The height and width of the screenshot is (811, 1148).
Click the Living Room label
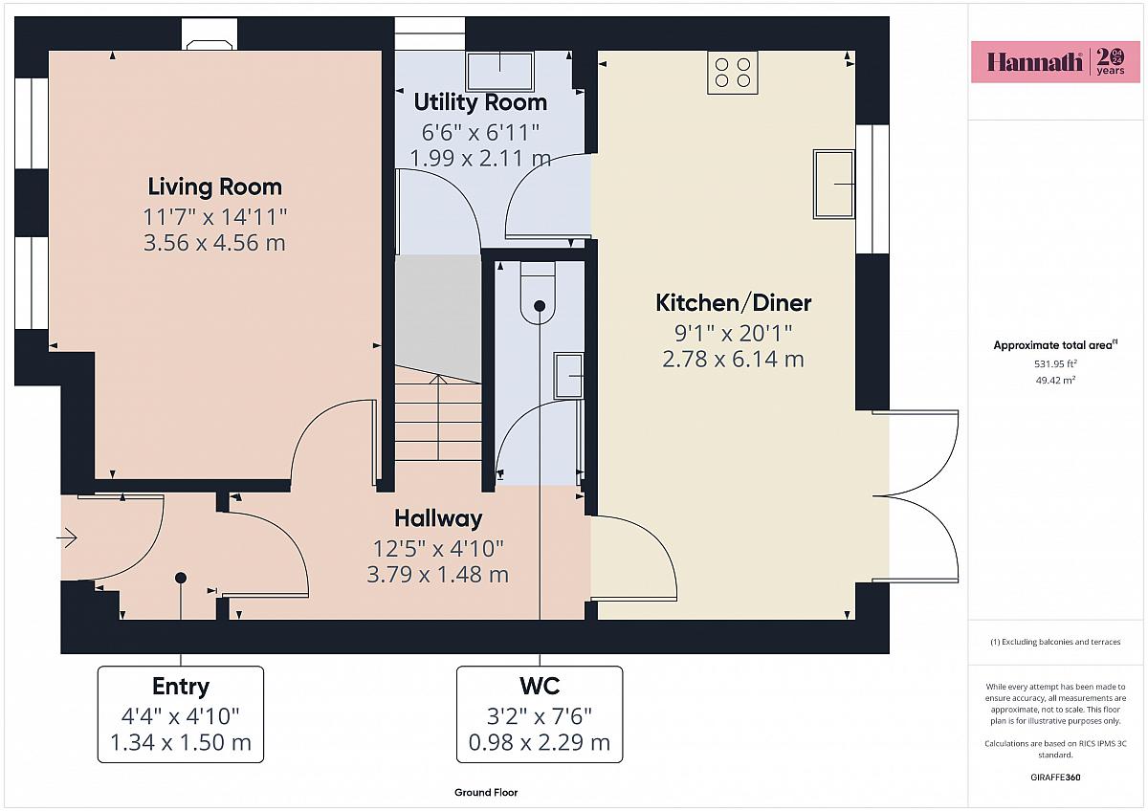(214, 186)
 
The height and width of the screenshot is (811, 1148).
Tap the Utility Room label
(480, 102)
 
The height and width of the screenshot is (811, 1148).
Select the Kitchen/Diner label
(734, 303)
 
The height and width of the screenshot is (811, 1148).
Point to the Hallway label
(438, 519)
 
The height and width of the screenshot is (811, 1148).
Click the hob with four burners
(733, 73)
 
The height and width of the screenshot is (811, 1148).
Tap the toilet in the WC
(538, 292)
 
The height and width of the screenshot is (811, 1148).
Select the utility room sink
(499, 71)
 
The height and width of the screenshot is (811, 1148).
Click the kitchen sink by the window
(834, 184)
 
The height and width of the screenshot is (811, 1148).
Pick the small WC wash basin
(568, 376)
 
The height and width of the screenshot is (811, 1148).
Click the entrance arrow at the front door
(67, 537)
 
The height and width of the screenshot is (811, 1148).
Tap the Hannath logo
(1056, 62)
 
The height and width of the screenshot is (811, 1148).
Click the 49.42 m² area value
(1055, 380)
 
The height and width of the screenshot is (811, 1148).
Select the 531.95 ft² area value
(1055, 363)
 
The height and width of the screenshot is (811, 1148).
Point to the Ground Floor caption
(486, 793)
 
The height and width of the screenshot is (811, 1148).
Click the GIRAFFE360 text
(1055, 778)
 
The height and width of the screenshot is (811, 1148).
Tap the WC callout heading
(540, 686)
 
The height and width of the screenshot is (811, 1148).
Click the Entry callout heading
(181, 687)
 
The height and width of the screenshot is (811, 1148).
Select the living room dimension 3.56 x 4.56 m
(214, 243)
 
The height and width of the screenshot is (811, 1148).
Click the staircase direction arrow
(438, 418)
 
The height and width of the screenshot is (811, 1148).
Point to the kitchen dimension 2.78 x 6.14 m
(734, 360)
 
